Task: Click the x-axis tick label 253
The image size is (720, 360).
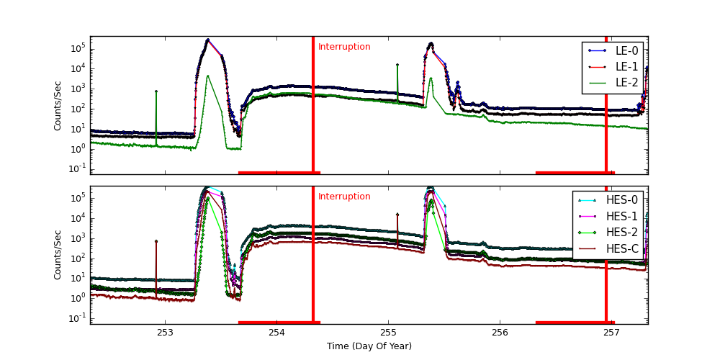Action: [165, 333]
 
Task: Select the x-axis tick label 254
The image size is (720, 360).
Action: [276, 333]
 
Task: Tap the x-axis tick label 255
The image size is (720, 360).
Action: [388, 333]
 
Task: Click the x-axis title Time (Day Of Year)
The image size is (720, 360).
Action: [369, 346]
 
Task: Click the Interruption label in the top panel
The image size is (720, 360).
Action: [344, 48]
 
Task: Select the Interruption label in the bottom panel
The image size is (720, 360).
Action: [344, 197]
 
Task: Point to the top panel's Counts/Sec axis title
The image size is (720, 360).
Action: [58, 105]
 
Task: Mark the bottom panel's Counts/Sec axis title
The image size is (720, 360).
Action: [58, 255]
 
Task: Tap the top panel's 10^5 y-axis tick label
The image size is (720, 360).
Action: [77, 48]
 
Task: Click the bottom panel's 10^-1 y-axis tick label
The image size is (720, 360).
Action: [77, 318]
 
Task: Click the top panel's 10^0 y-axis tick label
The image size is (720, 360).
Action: [77, 148]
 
